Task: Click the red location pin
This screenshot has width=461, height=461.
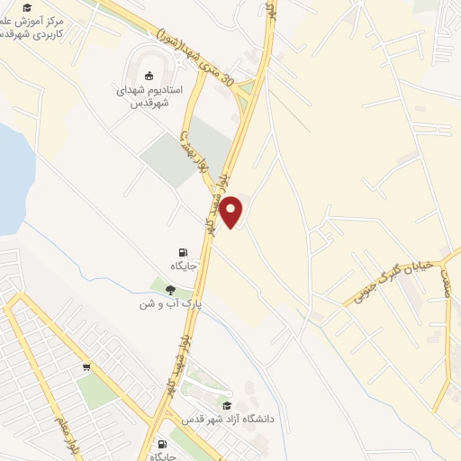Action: pos(232,212)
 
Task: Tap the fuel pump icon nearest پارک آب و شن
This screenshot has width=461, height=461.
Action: pos(184,251)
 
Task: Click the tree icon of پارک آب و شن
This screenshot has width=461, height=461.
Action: pos(170,289)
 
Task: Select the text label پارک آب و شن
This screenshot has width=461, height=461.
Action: pos(168,304)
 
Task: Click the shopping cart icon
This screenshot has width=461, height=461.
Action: pos(86,366)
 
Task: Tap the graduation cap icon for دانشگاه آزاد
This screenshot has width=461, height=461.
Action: pos(226,406)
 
